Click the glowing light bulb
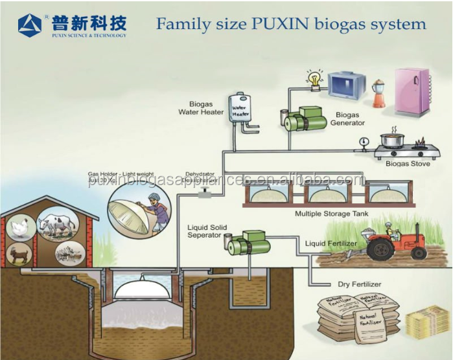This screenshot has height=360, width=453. (x=316, y=80)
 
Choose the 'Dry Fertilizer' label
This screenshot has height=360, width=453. (x=359, y=284)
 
